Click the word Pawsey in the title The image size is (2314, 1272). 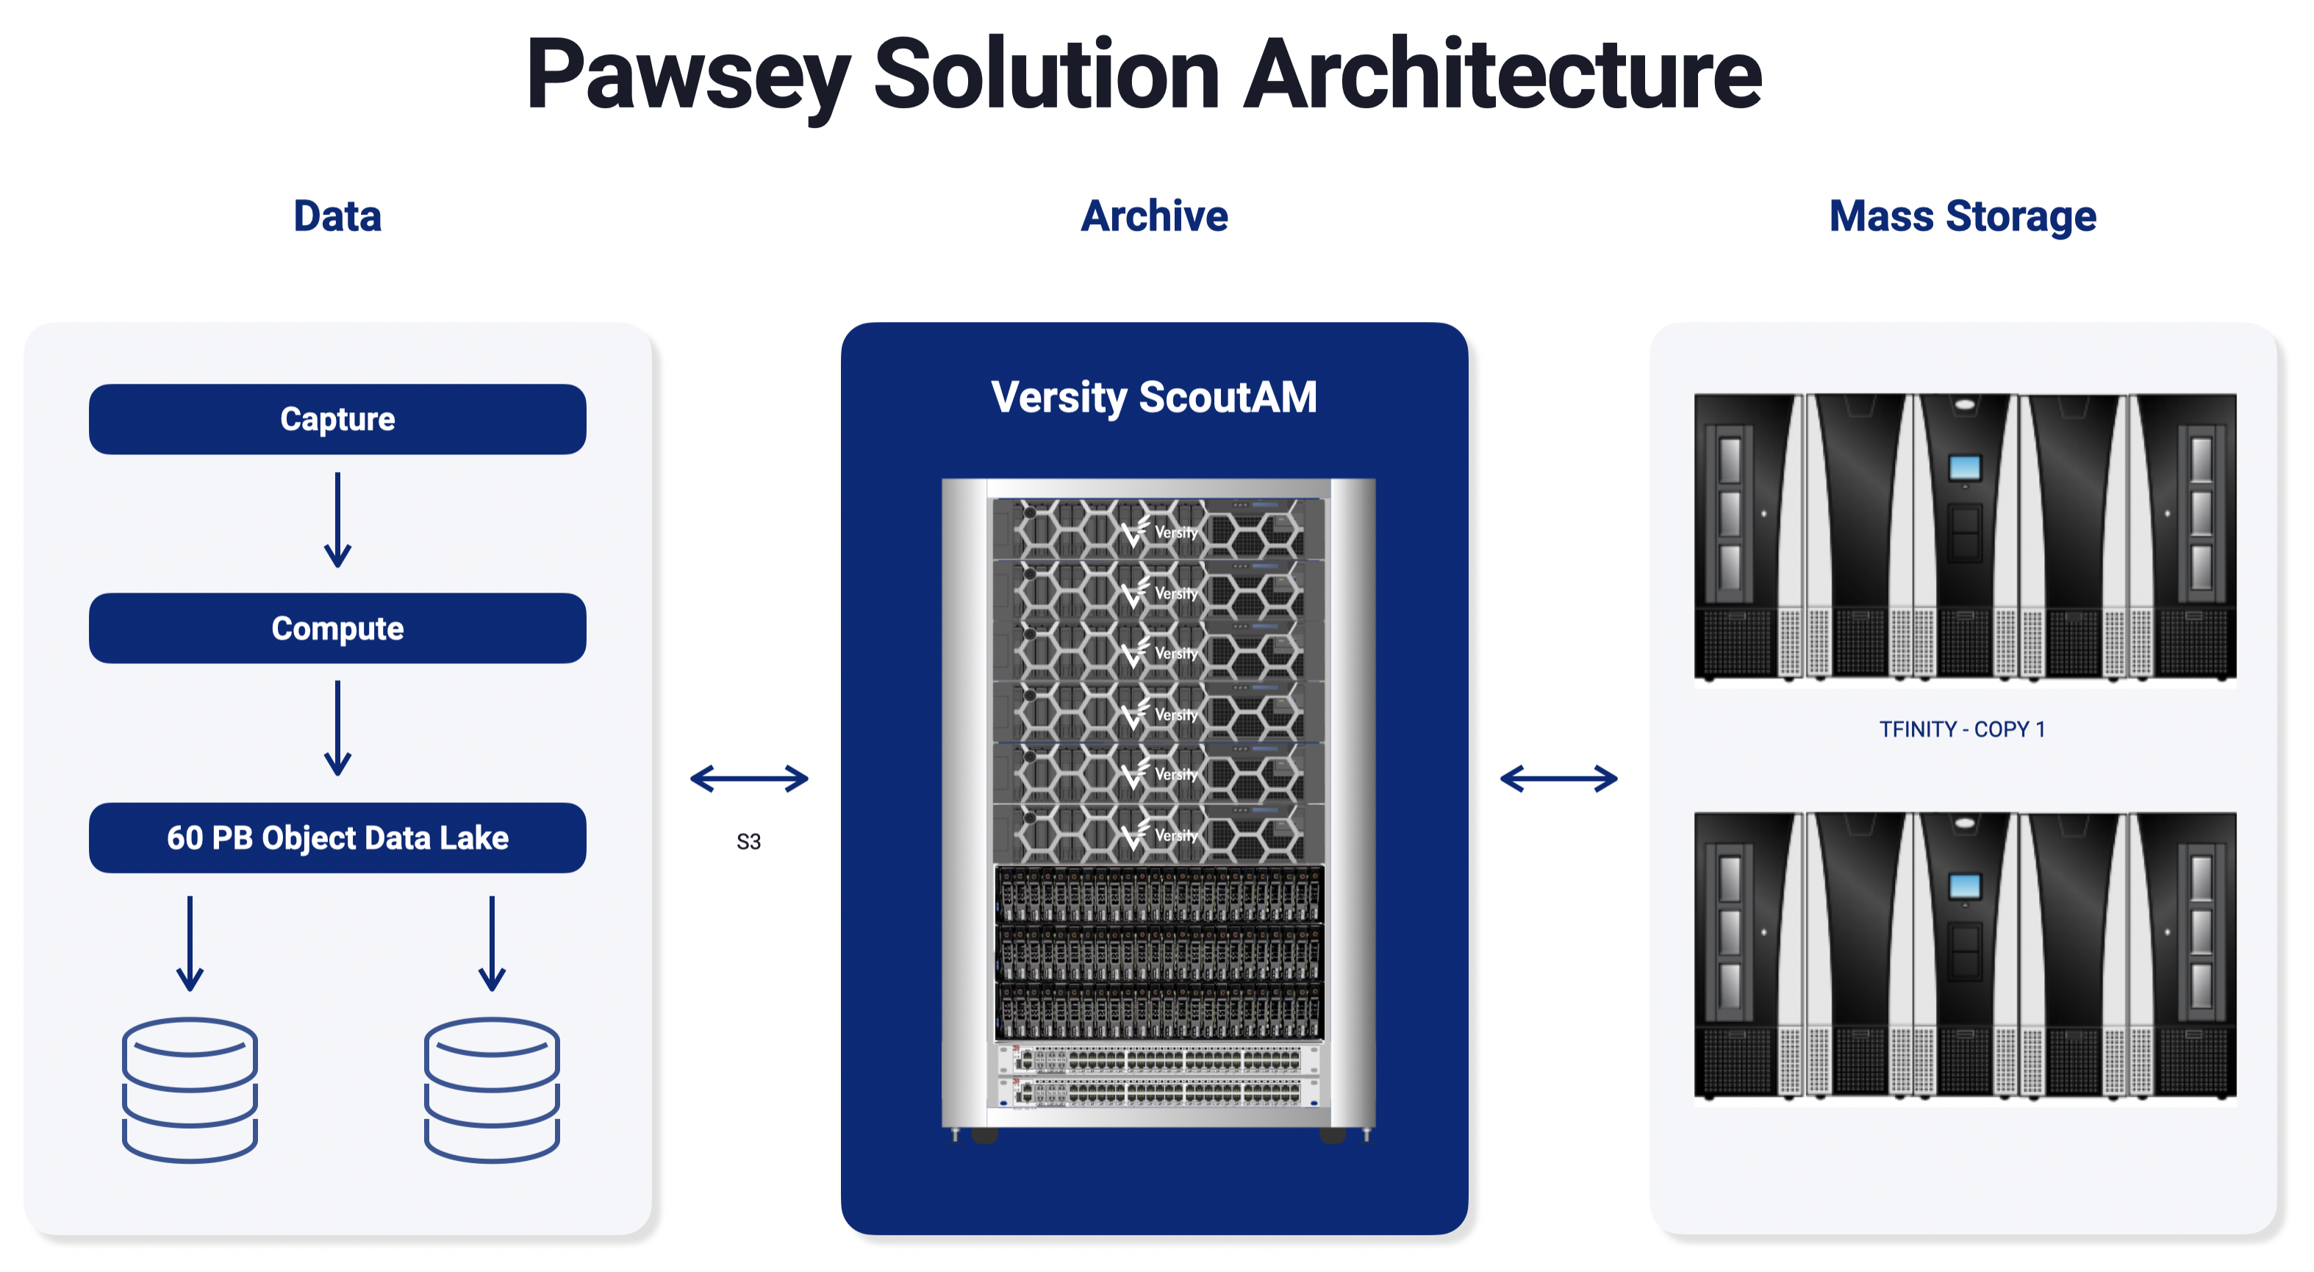click(687, 76)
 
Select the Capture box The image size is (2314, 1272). click(337, 420)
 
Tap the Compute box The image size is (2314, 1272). click(337, 629)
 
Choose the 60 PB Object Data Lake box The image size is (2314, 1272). click(337, 838)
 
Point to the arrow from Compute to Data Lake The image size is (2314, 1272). click(337, 729)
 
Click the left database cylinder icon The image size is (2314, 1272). click(190, 1090)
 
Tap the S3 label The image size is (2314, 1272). click(748, 842)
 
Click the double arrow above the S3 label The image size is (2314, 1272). click(749, 778)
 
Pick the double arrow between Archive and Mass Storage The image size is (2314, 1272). click(1558, 778)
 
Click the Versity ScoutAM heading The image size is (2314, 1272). click(1154, 397)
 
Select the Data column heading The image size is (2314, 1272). click(337, 216)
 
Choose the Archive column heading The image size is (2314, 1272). click(1154, 216)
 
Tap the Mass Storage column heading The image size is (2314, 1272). click(1963, 216)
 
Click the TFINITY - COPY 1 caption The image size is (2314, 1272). click(1963, 729)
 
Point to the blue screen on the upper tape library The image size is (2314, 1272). click(1965, 467)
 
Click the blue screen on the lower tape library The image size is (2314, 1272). click(1965, 886)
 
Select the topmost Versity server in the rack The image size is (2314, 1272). click(1158, 530)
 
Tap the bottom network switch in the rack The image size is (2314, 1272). click(1158, 1093)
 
